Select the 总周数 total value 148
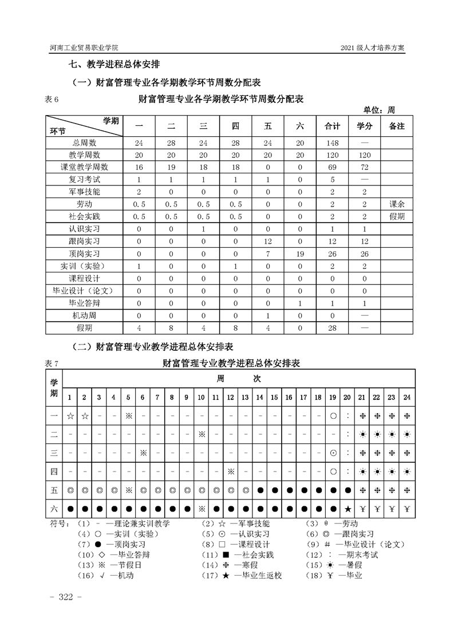[x=333, y=142]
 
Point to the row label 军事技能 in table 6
[x=84, y=192]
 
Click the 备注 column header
[x=396, y=126]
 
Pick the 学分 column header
[x=364, y=126]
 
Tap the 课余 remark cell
[x=396, y=204]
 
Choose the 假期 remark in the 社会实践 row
[x=396, y=216]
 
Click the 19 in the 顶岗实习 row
[x=300, y=253]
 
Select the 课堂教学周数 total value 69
[x=333, y=167]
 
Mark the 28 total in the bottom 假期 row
[x=333, y=327]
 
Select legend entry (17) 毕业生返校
[x=251, y=575]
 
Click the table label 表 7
[x=52, y=363]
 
